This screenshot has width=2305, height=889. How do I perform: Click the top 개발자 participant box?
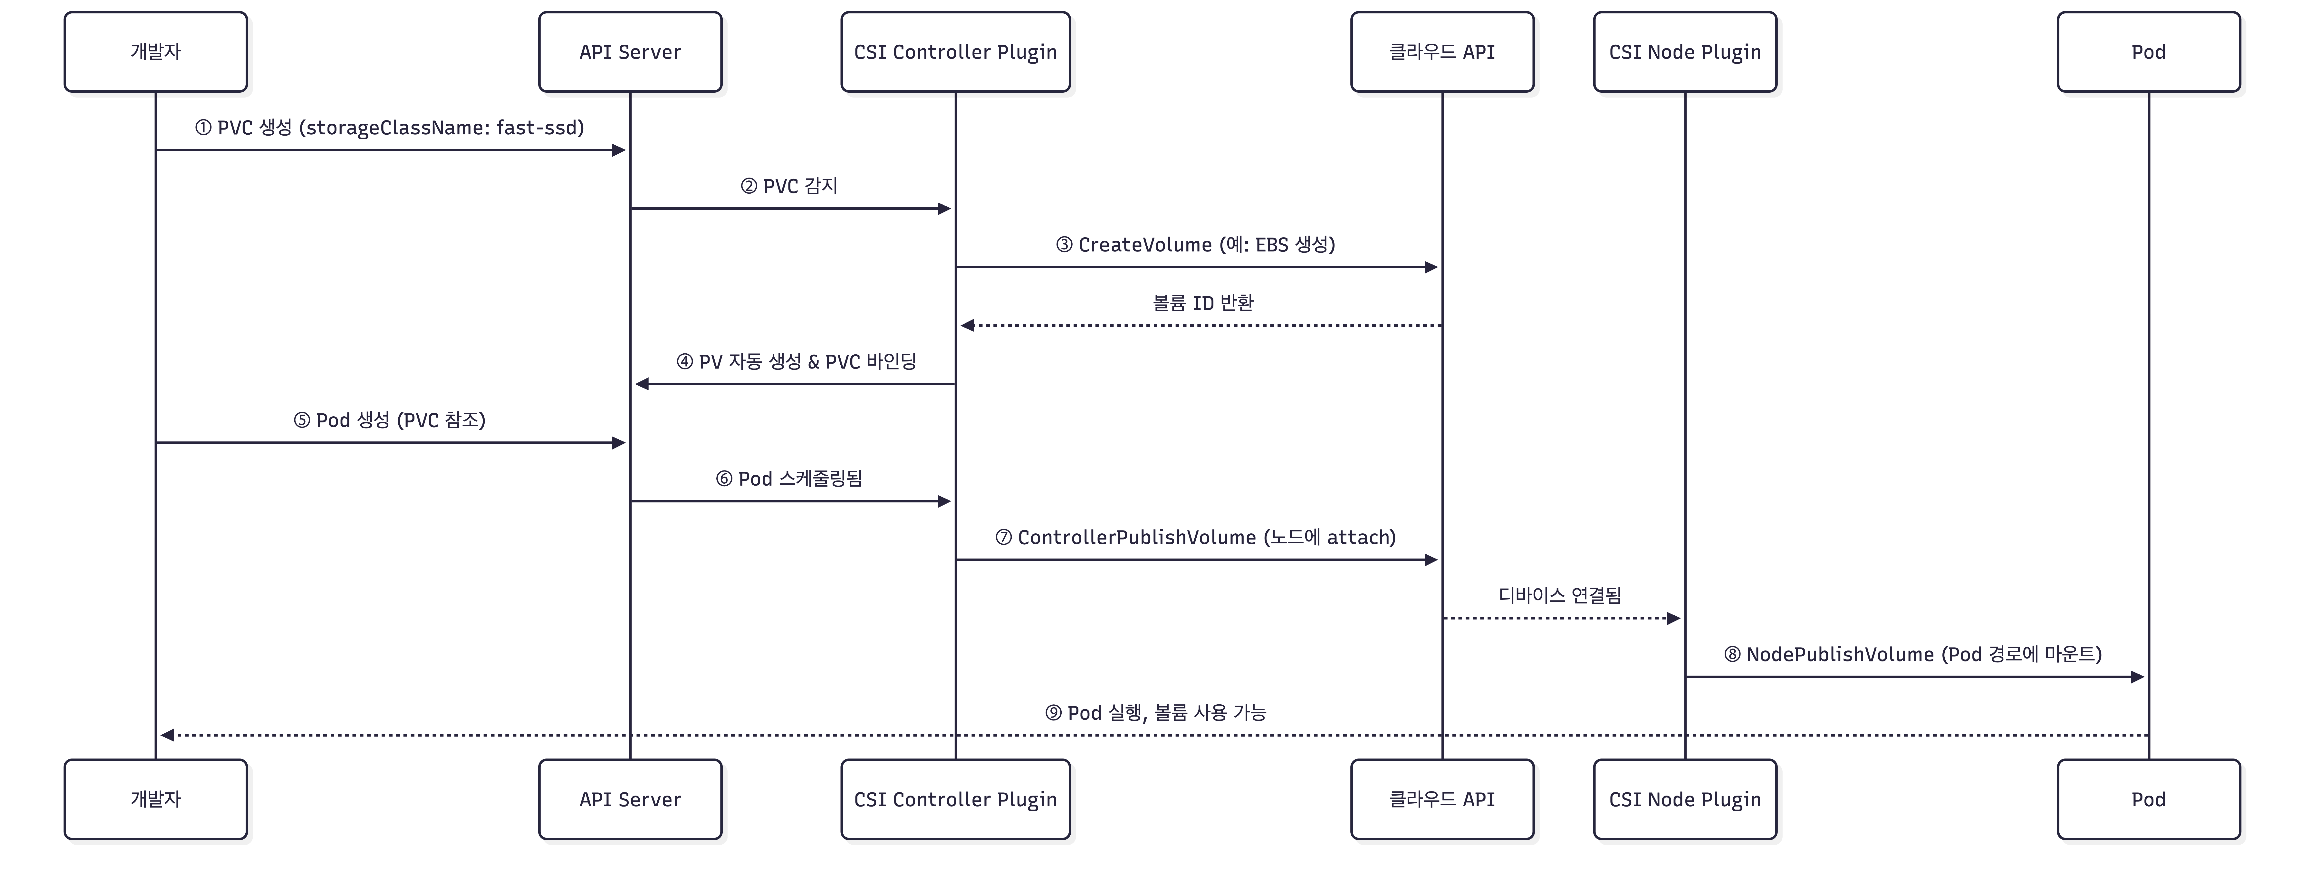[156, 52]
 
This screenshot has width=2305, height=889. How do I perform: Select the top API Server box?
[630, 52]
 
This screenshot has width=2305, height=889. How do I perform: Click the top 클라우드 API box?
[1441, 52]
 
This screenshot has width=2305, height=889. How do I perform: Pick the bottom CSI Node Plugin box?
[1685, 799]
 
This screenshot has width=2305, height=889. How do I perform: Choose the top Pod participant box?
[2148, 52]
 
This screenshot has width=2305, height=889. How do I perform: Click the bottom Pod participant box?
[2148, 799]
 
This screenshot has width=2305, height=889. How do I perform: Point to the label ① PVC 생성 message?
[389, 128]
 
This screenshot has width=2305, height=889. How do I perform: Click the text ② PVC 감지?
[789, 186]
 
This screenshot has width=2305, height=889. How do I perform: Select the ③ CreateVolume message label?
[1195, 244]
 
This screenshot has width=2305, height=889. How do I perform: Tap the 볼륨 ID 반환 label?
[1203, 303]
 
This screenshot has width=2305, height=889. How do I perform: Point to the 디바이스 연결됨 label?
[1560, 595]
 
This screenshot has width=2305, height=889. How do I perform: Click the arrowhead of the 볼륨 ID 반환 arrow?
[967, 326]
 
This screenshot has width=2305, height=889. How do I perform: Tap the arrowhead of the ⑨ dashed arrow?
[167, 735]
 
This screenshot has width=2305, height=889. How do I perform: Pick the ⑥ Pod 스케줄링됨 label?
[789, 479]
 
